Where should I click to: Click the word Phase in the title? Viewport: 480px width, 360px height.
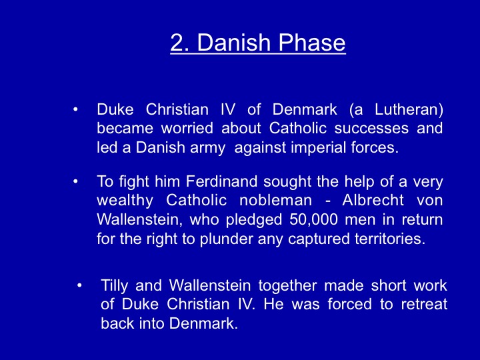312,42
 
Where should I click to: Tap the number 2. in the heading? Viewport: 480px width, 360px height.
180,42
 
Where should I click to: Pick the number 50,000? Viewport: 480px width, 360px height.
314,220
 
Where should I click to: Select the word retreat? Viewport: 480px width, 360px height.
424,304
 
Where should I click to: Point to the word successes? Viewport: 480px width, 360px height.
371,129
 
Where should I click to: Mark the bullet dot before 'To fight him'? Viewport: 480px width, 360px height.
75,181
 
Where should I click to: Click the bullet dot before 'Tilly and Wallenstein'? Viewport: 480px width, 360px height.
79,285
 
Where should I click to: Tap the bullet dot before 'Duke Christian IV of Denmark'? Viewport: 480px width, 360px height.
75,109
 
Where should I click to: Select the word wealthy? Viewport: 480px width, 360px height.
125,201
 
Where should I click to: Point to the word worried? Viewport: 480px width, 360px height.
187,128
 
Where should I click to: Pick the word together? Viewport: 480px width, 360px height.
287,286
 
